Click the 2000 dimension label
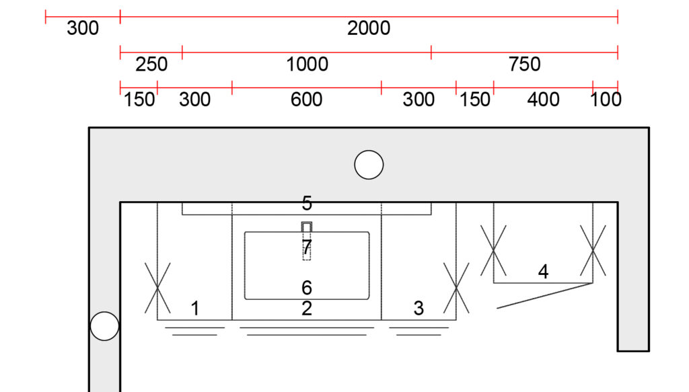click(x=369, y=28)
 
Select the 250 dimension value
click(x=151, y=65)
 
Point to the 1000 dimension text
click(x=307, y=65)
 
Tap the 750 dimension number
click(x=524, y=65)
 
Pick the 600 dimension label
click(x=306, y=100)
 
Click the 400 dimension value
click(x=543, y=100)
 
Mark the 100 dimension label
click(x=606, y=100)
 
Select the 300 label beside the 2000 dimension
click(x=83, y=28)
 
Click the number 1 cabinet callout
click(x=195, y=309)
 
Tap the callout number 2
click(x=307, y=309)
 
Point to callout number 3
click(x=419, y=309)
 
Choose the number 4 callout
click(x=543, y=272)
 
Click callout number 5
click(x=307, y=203)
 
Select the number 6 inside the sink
click(x=307, y=288)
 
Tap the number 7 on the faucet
click(x=307, y=247)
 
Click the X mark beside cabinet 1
click(x=157, y=288)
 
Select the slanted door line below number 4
click(x=545, y=296)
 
